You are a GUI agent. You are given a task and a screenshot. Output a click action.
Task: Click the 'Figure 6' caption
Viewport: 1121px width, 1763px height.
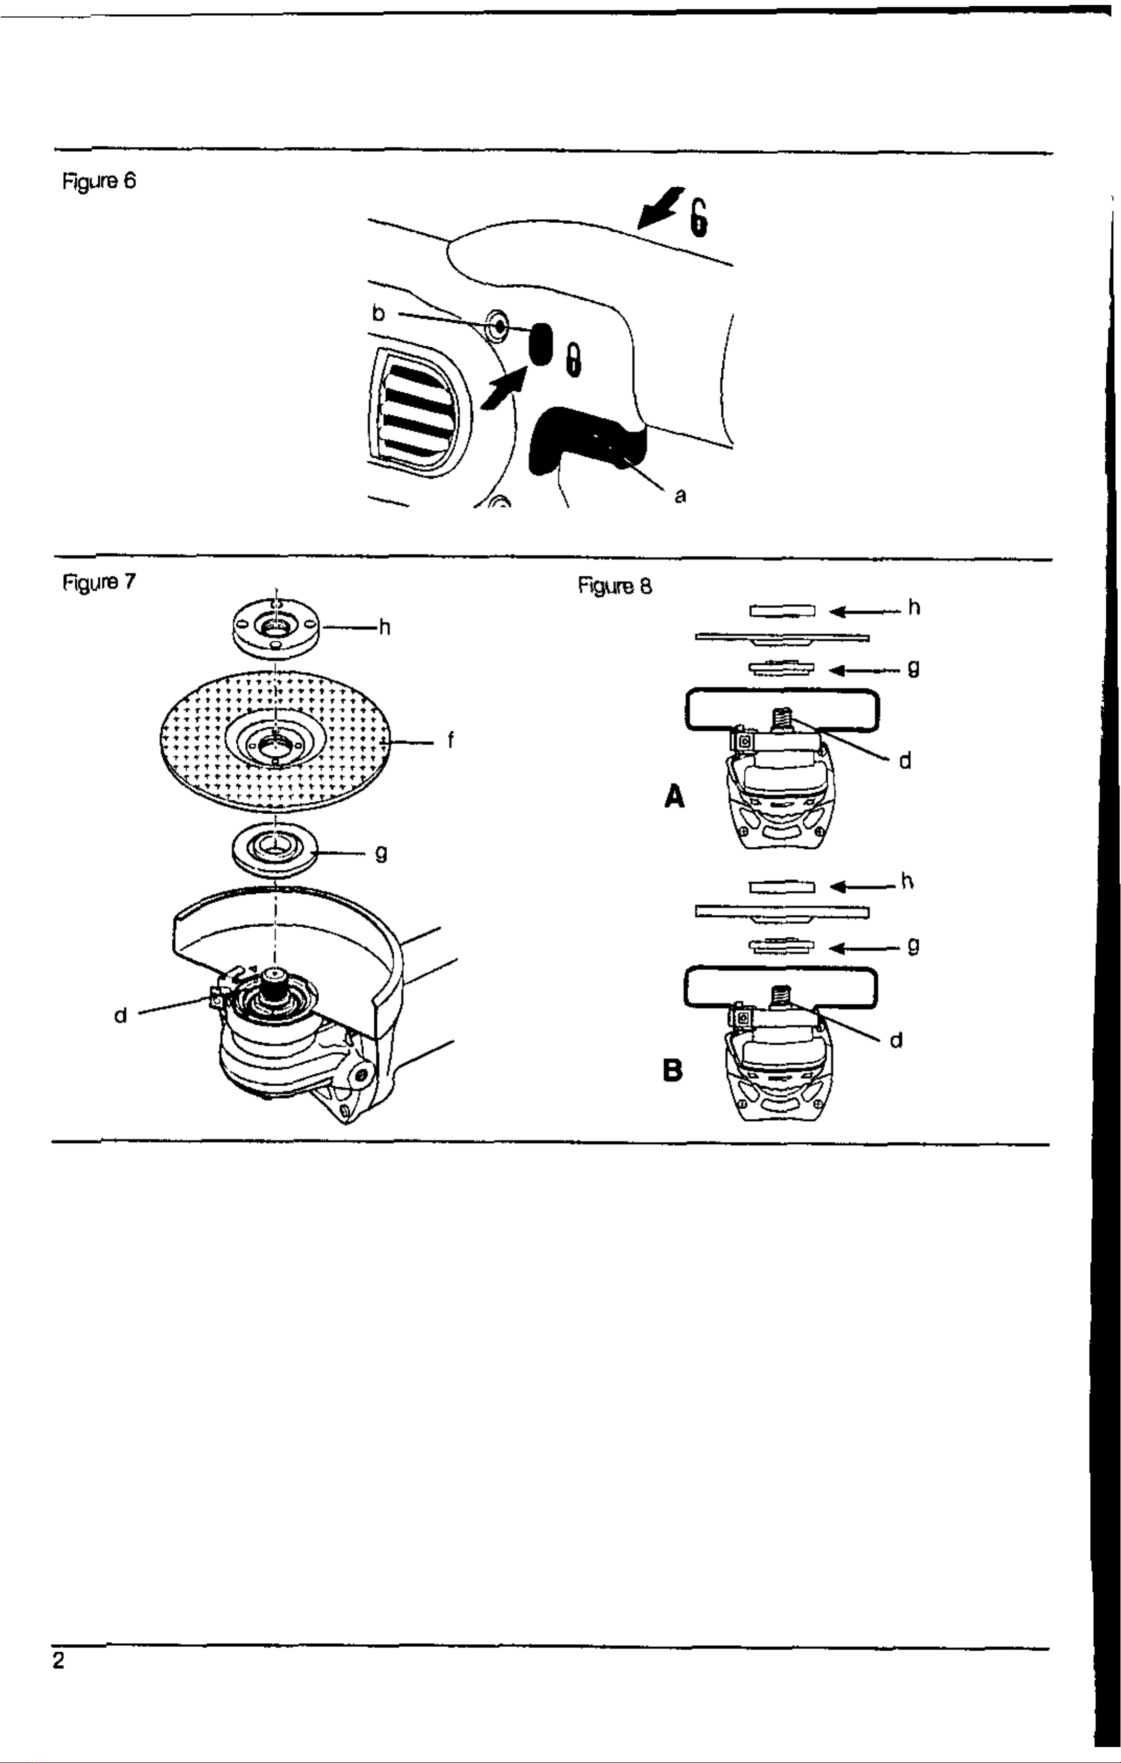tap(99, 181)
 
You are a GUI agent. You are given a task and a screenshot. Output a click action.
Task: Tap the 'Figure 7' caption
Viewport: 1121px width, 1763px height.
tap(99, 582)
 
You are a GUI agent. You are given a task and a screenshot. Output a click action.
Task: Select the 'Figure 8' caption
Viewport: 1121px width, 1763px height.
tap(615, 586)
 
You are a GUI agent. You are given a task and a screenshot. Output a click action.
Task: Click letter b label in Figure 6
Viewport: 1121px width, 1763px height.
tap(378, 313)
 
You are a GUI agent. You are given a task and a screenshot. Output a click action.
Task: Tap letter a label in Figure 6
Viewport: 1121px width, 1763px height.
tap(680, 496)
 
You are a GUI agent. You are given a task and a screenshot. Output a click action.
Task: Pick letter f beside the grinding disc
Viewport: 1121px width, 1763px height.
tap(450, 741)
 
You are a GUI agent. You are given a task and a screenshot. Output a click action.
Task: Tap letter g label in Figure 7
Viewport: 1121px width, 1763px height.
tap(380, 853)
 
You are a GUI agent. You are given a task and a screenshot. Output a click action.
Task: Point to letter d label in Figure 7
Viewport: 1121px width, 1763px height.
tap(121, 1016)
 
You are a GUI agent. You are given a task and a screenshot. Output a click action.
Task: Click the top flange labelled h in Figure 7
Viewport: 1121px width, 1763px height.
tap(275, 628)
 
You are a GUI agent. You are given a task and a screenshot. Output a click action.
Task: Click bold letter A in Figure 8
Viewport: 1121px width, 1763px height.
tap(675, 796)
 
